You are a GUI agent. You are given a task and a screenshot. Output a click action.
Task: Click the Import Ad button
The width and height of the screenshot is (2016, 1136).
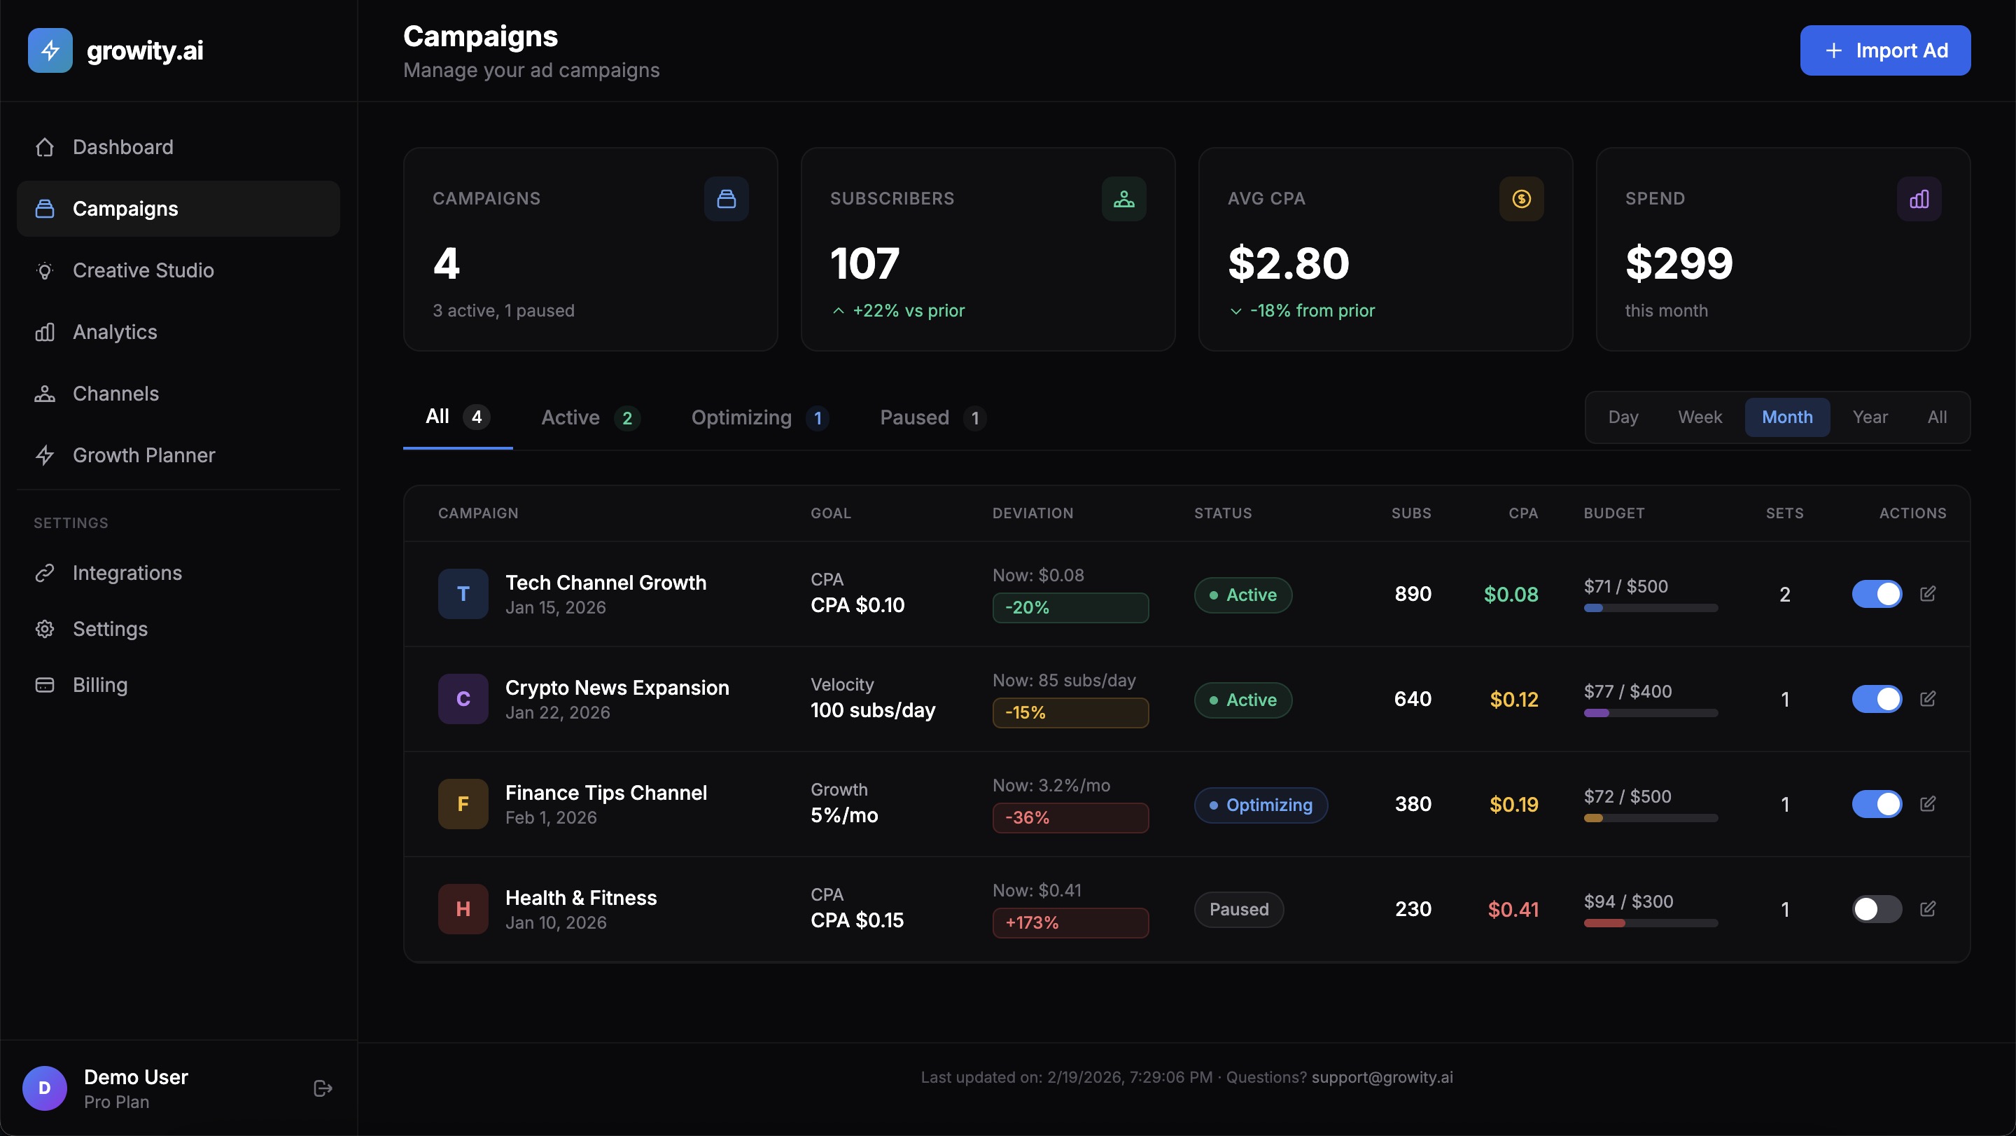[1884, 51]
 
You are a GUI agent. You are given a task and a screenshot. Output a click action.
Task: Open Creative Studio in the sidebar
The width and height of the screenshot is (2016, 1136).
[143, 270]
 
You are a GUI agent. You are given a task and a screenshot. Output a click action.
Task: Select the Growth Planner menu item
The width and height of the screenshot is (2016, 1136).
[144, 455]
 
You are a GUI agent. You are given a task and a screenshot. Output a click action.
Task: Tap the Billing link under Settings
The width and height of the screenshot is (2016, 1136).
[100, 685]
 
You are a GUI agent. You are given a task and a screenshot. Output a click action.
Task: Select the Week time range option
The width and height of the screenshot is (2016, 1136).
[1699, 417]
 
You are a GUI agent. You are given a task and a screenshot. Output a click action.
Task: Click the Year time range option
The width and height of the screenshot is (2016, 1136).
[1870, 417]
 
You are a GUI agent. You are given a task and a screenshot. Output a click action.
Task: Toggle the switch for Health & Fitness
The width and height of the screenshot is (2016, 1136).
[1876, 909]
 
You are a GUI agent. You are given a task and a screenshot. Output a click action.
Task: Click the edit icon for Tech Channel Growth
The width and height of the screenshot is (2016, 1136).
[1928, 593]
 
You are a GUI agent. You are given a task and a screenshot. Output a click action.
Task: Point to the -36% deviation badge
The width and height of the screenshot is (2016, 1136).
[1070, 817]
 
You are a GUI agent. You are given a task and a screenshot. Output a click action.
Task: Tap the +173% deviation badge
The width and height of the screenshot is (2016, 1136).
[1070, 922]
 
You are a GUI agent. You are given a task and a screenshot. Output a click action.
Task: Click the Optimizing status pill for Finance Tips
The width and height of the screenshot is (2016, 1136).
[1260, 805]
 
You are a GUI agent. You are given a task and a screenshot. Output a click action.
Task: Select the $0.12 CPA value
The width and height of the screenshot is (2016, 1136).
[1513, 699]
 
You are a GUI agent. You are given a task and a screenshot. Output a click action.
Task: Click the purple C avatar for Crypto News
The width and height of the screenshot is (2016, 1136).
[463, 699]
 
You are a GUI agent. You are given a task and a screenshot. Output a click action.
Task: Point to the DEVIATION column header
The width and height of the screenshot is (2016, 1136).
[1032, 513]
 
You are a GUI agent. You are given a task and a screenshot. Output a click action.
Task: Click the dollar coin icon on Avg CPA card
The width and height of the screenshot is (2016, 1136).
[1520, 199]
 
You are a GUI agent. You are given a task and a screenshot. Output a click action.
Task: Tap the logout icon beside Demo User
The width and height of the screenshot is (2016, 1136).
[323, 1088]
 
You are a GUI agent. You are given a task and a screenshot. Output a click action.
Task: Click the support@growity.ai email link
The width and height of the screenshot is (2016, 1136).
[1381, 1077]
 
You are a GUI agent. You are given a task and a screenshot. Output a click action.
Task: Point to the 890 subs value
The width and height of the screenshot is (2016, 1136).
[1413, 594]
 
